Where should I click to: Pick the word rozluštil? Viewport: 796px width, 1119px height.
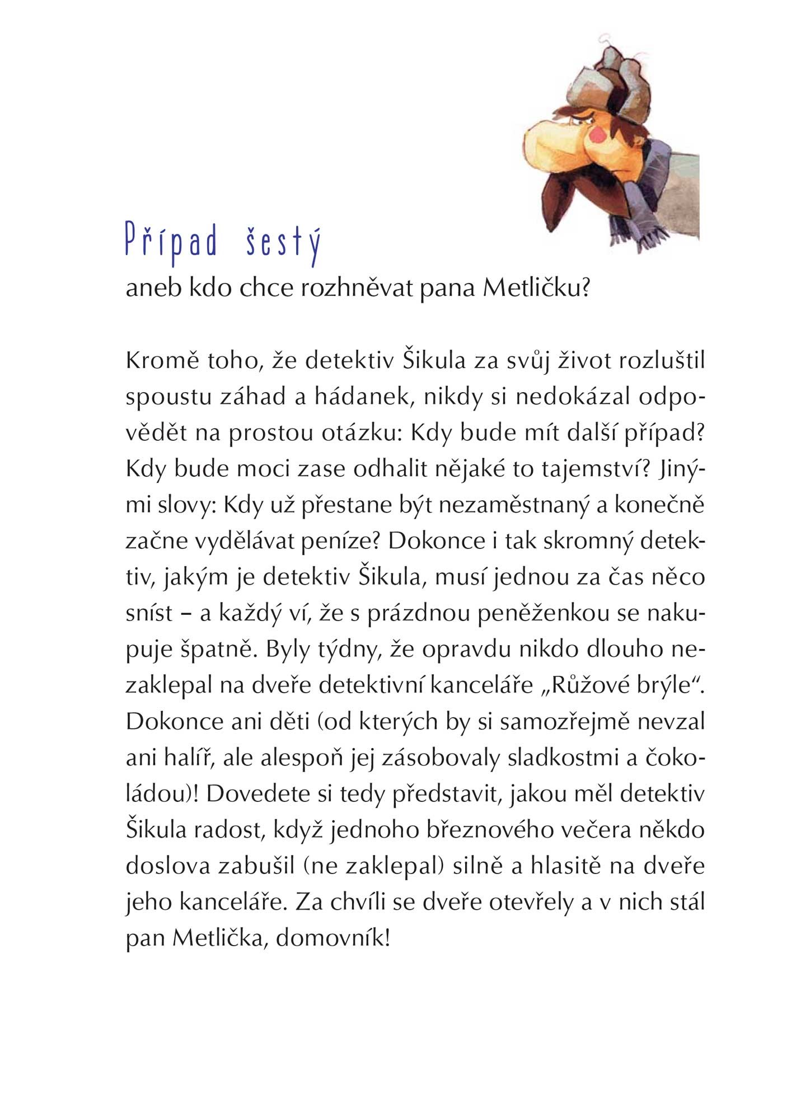(662, 361)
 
